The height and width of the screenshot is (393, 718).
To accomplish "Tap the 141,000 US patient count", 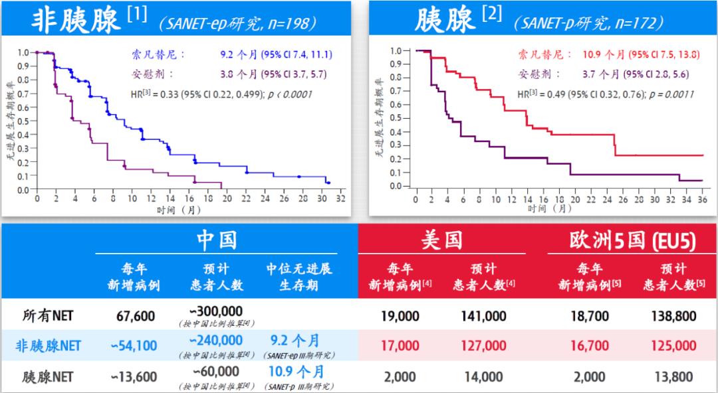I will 483,316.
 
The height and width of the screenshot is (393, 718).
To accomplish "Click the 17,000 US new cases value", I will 400,346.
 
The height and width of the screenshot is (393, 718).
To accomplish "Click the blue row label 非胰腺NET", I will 49,346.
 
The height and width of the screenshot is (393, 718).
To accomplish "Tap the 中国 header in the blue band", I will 216,239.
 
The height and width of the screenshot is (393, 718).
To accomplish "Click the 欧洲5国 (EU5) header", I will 631,240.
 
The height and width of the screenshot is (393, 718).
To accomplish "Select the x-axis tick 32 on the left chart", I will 340,198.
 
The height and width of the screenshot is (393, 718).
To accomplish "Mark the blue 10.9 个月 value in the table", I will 297,371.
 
